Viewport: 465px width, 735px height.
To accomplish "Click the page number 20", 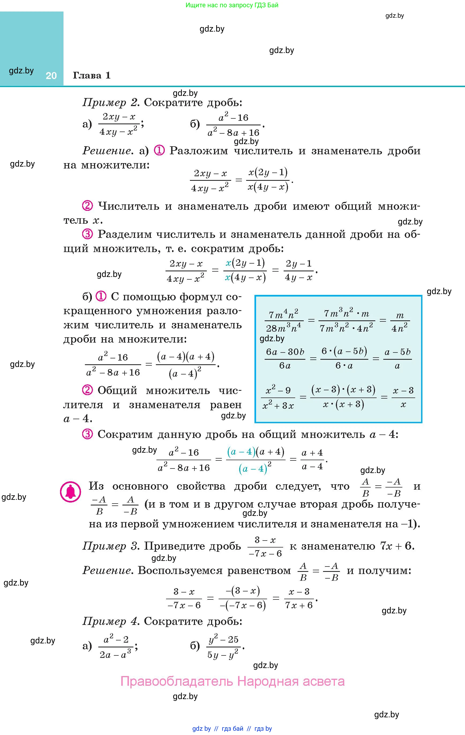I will point(51,76).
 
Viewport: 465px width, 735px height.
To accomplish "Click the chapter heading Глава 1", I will point(92,75).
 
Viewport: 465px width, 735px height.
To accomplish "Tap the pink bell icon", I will point(70,492).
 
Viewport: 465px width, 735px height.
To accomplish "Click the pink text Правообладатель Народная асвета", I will point(232,681).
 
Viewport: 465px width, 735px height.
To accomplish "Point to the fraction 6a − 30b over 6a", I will point(285,359).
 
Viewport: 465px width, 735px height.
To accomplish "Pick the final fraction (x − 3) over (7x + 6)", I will point(299,598).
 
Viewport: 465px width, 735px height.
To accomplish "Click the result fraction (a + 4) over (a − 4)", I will point(312,459).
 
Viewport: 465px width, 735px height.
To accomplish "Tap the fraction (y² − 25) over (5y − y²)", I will point(223,646).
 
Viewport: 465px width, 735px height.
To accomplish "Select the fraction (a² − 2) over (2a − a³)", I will point(116,646).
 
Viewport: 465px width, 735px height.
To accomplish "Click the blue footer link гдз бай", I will point(233,729).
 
